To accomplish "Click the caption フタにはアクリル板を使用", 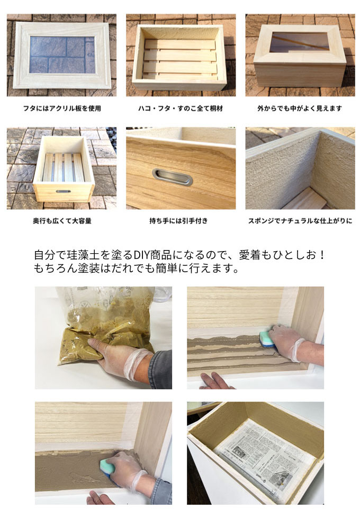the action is pos(62,109).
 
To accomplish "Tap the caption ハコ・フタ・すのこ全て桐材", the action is pos(181,109).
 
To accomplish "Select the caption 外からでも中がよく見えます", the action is pos(300,109).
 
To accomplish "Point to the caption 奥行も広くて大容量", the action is pos(62,221).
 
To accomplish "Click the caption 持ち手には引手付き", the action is pos(179,221).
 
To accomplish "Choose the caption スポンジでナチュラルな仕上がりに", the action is pos(300,221).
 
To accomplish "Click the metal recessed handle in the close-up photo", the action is pos(173,177).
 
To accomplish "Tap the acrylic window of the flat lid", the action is pos(62,55).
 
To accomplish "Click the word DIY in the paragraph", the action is pos(142,255).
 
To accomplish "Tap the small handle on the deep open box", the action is pos(63,191).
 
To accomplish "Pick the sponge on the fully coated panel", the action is pos(111,468).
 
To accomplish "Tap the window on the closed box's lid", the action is pos(300,42).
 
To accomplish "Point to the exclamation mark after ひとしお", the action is pos(322,255).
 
